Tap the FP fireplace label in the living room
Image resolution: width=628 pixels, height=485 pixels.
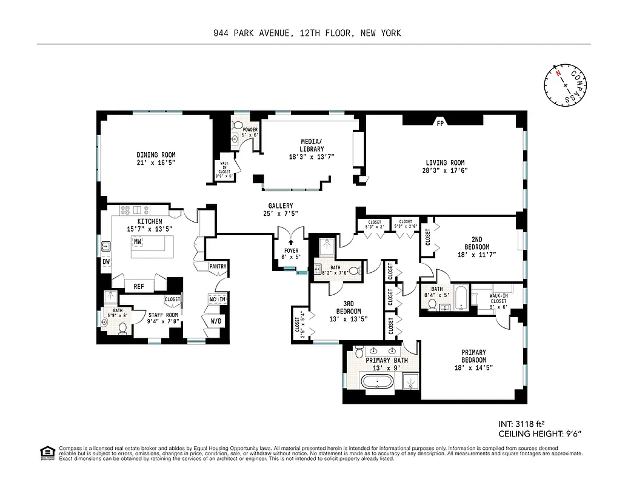pyautogui.click(x=439, y=124)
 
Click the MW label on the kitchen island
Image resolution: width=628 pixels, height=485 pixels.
pyautogui.click(x=138, y=241)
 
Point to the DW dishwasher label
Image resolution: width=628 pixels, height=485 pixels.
pyautogui.click(x=107, y=262)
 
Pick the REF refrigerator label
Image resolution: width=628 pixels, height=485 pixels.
pyautogui.click(x=139, y=286)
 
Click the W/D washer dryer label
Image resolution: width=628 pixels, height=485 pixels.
pyautogui.click(x=216, y=321)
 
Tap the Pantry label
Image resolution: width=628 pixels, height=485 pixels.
pyautogui.click(x=218, y=266)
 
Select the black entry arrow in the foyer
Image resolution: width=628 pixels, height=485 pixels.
pyautogui.click(x=290, y=243)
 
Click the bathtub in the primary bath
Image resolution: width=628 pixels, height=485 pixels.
pyautogui.click(x=377, y=382)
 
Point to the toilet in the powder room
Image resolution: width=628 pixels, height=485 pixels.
pyautogui.click(x=235, y=138)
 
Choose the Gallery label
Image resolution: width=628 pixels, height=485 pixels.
pyautogui.click(x=281, y=209)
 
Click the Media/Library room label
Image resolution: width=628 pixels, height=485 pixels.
pyautogui.click(x=312, y=149)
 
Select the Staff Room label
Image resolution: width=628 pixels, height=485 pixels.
pyautogui.click(x=163, y=319)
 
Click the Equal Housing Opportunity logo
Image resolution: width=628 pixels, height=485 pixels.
pyautogui.click(x=45, y=452)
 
